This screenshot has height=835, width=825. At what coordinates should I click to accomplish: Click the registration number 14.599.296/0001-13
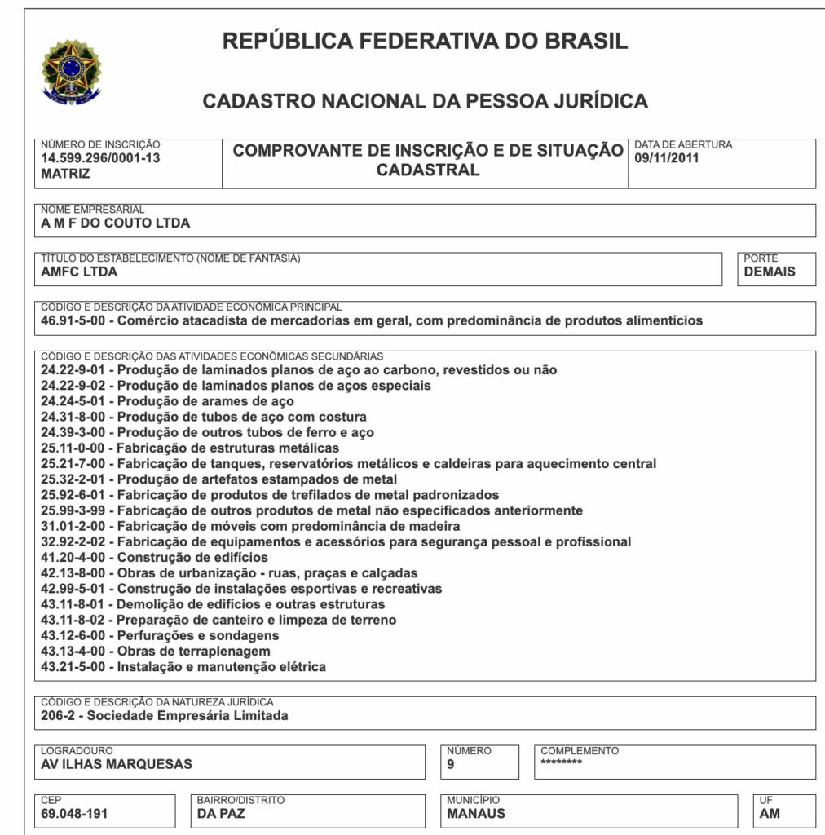tap(100, 158)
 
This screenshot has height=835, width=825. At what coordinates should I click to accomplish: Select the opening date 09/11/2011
tap(667, 158)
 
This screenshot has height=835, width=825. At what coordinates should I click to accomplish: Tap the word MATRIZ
tap(65, 173)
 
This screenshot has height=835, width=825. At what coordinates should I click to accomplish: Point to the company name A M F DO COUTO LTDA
tap(115, 223)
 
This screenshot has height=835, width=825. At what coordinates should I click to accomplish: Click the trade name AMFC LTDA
tap(79, 272)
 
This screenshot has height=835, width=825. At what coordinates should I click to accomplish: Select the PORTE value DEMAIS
tap(770, 272)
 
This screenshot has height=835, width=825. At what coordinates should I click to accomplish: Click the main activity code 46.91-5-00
tap(75, 320)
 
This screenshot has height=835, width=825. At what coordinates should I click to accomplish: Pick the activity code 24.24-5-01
tap(75, 401)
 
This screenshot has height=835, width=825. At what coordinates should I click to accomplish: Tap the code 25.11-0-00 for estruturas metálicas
tap(75, 448)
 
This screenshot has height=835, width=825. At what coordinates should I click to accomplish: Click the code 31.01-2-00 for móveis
tap(75, 526)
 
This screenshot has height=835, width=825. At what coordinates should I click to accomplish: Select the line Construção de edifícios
tap(192, 558)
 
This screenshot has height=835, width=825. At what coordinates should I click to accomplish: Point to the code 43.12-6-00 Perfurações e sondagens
tap(75, 635)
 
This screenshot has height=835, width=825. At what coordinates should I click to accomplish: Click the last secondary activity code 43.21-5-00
tap(75, 667)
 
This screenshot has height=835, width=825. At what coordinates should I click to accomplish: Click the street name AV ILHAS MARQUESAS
tap(117, 764)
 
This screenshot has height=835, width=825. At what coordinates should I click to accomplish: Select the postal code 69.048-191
tap(74, 813)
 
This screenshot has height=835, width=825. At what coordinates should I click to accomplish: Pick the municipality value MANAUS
tap(476, 813)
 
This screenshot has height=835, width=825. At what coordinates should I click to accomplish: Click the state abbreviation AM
tap(770, 813)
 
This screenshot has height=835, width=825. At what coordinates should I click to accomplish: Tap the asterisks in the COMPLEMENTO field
tap(562, 763)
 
